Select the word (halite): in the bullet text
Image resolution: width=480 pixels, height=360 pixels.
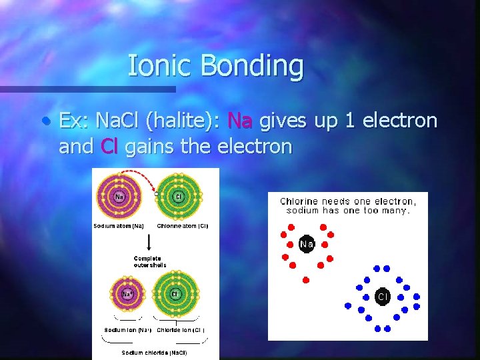(x=183, y=121)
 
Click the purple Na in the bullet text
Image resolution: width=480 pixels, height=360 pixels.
(x=240, y=121)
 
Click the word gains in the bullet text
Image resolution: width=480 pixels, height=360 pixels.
(x=147, y=147)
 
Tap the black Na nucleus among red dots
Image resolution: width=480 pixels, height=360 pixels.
(x=307, y=245)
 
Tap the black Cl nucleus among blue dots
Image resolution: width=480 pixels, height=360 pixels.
(x=383, y=296)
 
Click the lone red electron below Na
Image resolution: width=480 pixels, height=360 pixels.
(x=306, y=279)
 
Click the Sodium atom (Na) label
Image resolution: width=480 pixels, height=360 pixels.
(x=119, y=226)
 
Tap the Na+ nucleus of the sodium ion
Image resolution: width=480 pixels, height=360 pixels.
(x=126, y=294)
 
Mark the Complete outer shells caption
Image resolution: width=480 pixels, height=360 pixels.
(x=150, y=261)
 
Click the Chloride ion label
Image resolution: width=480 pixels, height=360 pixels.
(x=181, y=330)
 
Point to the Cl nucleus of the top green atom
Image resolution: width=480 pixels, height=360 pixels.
(x=178, y=197)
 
